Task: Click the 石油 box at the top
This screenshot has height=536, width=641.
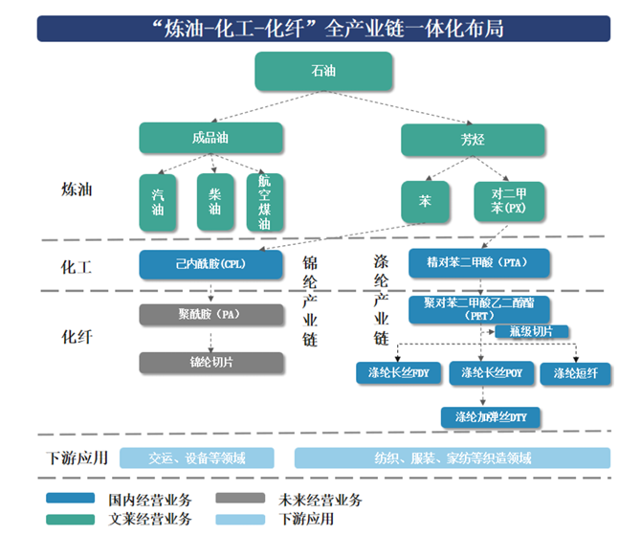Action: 323,72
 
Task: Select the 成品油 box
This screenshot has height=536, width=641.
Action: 210,139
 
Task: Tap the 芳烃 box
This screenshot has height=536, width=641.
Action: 473,140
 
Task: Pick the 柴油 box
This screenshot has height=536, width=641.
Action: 214,201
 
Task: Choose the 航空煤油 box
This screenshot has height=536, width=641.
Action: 265,202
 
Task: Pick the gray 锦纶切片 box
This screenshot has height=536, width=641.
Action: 210,362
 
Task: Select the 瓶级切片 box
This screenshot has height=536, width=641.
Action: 531,332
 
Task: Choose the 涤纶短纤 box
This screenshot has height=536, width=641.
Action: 574,372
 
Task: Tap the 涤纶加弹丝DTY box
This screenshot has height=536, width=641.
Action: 491,417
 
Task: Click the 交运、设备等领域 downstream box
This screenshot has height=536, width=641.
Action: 198,458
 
